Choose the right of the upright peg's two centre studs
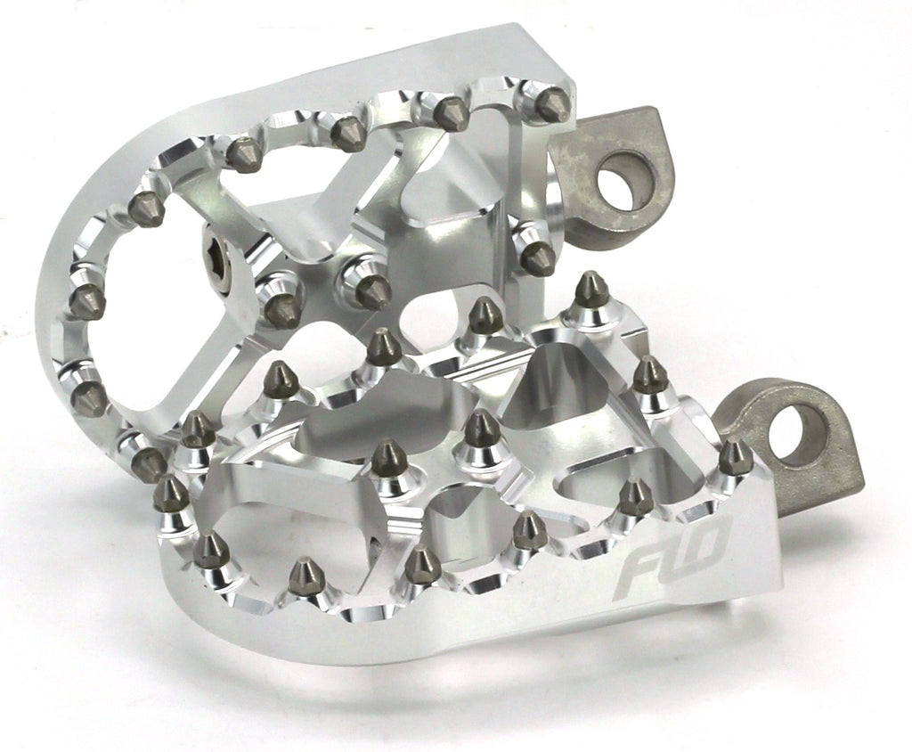[371, 289]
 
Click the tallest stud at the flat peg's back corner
[589, 290]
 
